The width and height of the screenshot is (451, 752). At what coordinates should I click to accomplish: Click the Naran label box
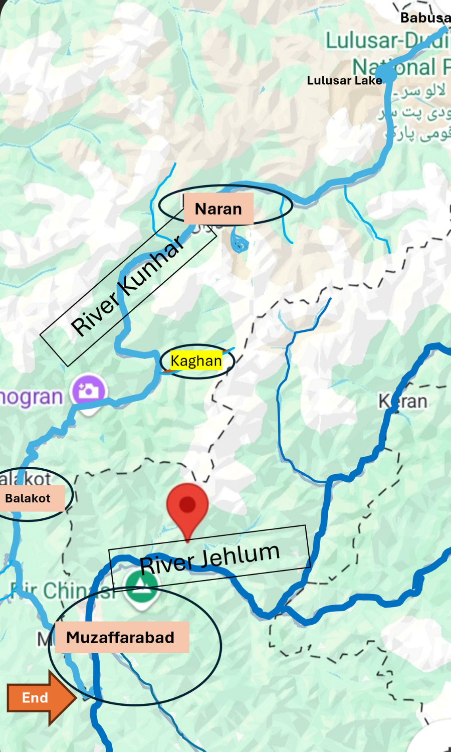218,209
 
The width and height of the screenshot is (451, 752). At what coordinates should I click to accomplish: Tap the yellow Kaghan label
196,361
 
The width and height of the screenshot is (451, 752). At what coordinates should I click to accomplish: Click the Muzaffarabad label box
121,637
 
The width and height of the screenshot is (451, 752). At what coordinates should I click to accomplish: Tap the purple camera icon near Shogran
89,391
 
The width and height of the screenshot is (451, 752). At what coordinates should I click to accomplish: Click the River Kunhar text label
128,286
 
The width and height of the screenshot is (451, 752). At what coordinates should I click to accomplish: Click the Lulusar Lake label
344,80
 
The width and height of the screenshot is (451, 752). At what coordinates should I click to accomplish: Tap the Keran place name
403,402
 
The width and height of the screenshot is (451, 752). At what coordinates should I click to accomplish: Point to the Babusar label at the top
425,18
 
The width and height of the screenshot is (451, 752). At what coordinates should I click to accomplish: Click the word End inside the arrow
35,698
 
